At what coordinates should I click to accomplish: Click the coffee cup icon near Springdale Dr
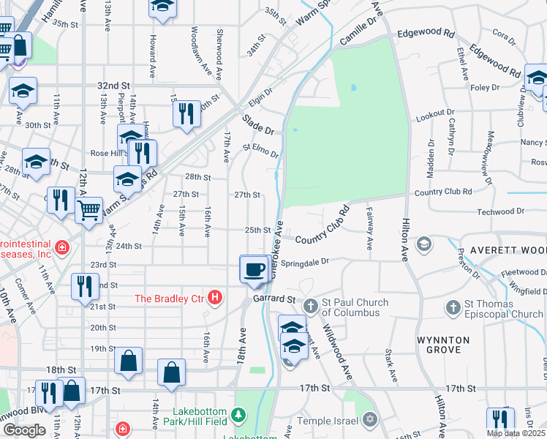(x=254, y=269)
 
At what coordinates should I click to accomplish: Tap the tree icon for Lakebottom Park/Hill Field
(x=238, y=416)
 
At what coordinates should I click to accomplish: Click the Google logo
(x=24, y=430)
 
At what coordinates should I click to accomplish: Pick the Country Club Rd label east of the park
(x=442, y=192)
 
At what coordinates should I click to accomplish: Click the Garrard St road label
(x=273, y=299)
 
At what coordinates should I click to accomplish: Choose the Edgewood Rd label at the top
(x=426, y=34)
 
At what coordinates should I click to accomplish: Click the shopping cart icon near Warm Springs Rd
(x=88, y=211)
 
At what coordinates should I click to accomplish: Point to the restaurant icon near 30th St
(x=186, y=113)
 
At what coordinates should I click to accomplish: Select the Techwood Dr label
(x=500, y=211)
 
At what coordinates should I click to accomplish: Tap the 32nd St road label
(x=113, y=85)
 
